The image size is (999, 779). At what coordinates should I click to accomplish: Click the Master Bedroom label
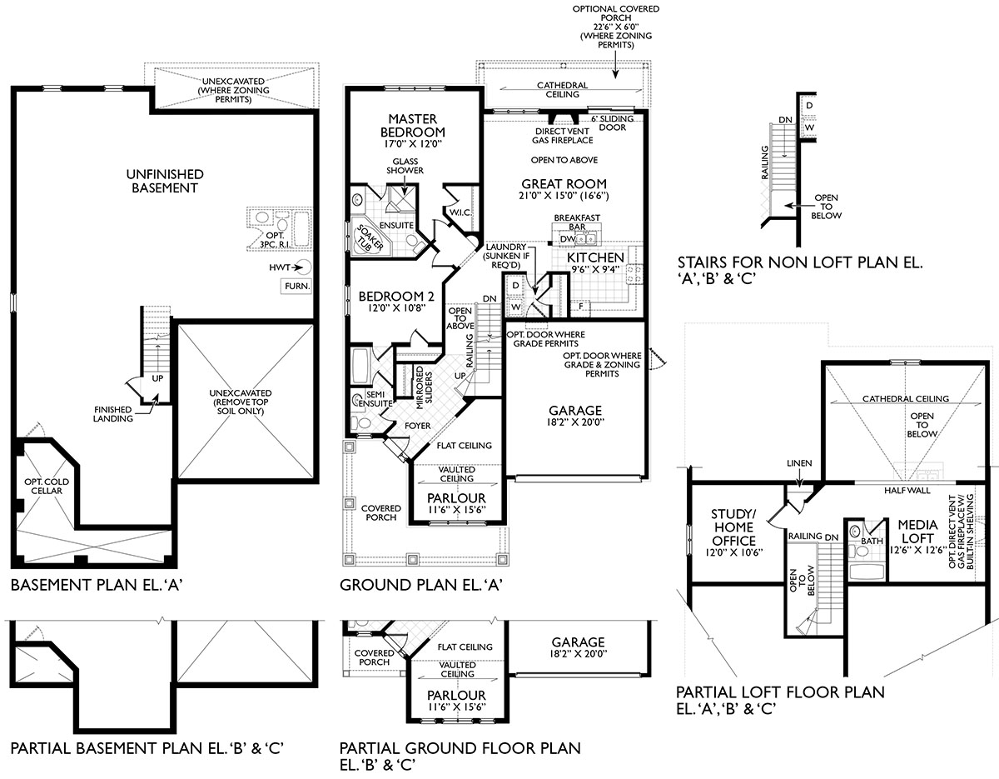413,126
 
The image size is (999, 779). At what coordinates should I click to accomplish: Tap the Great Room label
564,184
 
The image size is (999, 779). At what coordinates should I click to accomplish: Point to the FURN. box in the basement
296,286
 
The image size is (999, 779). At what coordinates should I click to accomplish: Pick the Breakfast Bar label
572,223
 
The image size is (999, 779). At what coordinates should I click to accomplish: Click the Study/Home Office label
733,527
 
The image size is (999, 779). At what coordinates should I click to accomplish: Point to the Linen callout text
798,463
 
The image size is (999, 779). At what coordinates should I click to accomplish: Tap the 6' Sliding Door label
612,123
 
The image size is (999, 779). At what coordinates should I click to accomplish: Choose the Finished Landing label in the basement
113,413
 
